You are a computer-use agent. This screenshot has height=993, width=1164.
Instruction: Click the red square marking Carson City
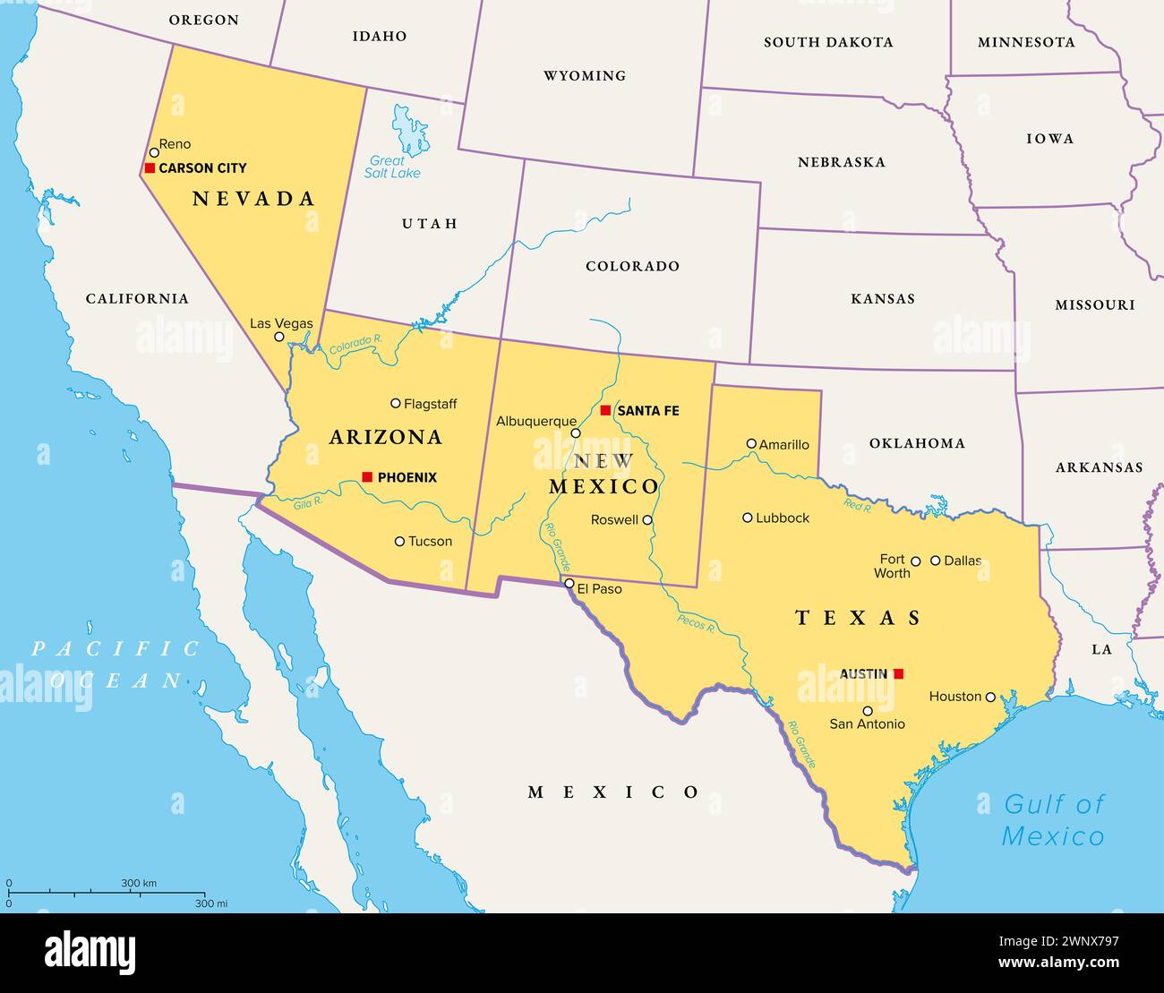(x=150, y=167)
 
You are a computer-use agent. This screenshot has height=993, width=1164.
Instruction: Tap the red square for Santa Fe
(x=605, y=410)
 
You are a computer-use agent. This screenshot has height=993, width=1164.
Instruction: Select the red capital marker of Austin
(x=898, y=673)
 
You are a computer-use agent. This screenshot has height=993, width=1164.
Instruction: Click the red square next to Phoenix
(x=367, y=477)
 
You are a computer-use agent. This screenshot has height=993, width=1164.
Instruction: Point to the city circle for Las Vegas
(x=279, y=338)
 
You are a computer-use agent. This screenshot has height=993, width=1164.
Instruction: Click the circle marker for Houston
(x=990, y=697)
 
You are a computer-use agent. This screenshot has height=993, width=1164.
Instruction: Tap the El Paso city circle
(x=569, y=584)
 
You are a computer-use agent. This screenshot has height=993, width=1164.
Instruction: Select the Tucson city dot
(x=399, y=541)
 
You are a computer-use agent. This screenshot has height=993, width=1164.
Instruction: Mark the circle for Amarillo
(x=751, y=443)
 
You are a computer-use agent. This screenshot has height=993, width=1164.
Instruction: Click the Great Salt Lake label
(x=391, y=167)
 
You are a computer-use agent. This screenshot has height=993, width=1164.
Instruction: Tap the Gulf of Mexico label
(x=1053, y=820)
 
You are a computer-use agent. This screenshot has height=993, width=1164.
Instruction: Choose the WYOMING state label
(x=585, y=76)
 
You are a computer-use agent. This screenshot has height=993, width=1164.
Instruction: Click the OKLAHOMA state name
(x=917, y=443)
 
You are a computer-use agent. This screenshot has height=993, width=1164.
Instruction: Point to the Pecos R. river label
(x=696, y=623)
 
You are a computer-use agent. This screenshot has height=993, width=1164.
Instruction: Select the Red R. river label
(x=857, y=506)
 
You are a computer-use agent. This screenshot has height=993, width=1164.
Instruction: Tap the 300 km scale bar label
(x=139, y=884)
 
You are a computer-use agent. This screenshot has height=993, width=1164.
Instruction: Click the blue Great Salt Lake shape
(x=410, y=130)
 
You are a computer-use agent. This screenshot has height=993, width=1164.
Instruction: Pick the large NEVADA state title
(x=254, y=199)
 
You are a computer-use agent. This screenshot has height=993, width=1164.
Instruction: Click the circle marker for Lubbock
(x=748, y=518)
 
